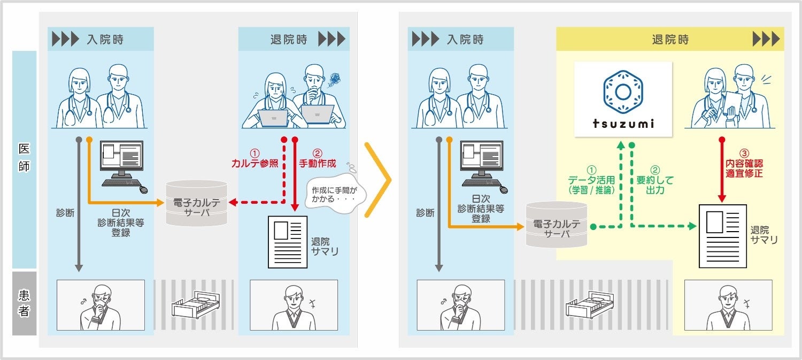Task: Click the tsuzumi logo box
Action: tap(623, 99)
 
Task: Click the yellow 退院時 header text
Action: tap(670, 40)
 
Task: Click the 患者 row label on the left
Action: tap(24, 303)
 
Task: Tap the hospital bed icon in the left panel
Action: tap(195, 305)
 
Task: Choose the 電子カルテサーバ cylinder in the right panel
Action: tap(556, 224)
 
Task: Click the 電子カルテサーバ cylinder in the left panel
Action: tap(196, 203)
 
